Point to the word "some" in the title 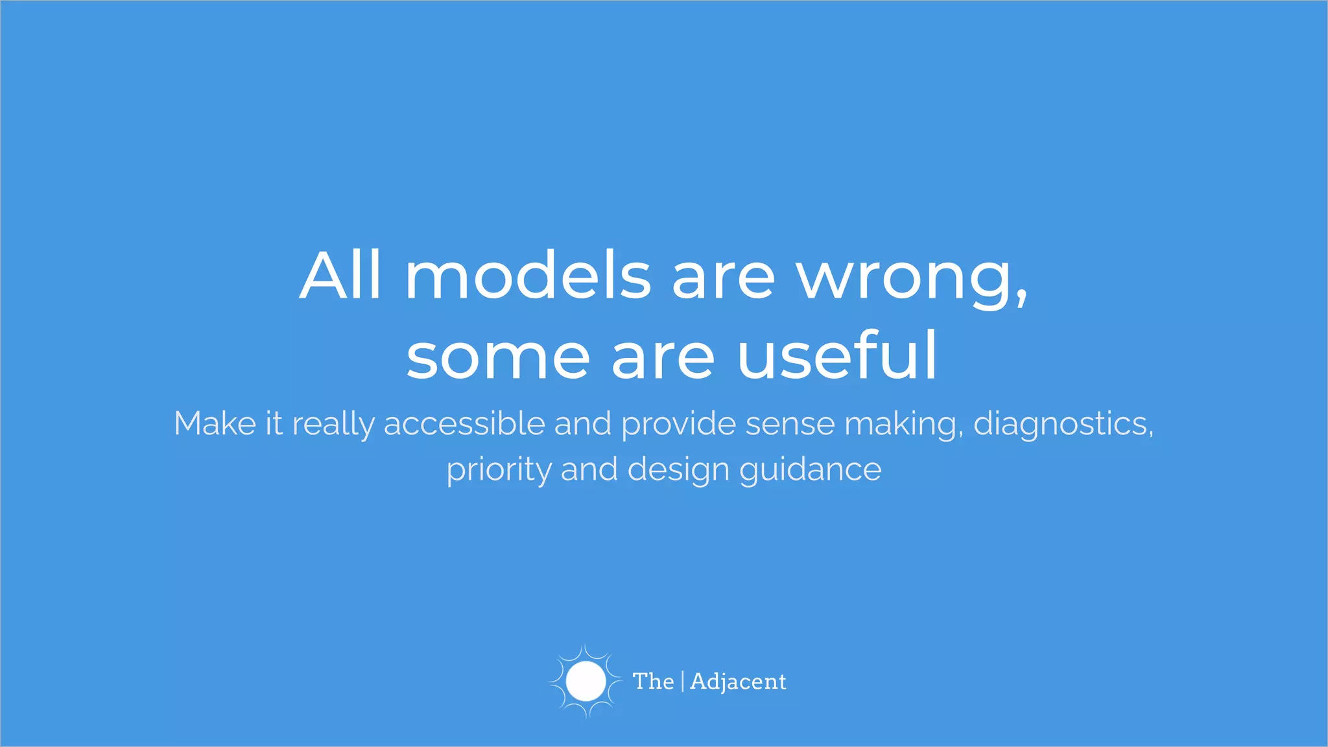[498, 356]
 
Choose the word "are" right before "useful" [663, 357]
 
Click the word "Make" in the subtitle [215, 424]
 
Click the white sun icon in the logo [586, 682]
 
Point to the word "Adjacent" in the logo [738, 682]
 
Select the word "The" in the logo [653, 682]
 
